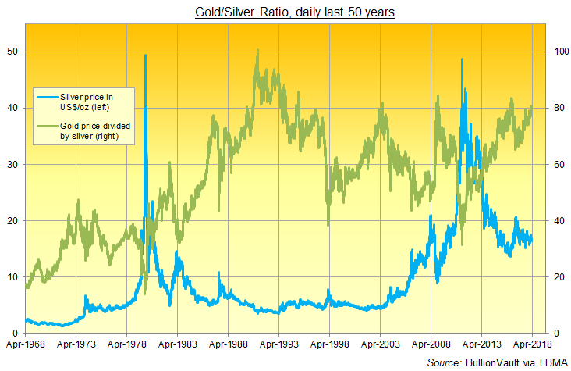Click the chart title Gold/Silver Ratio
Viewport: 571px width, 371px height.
pyautogui.click(x=285, y=12)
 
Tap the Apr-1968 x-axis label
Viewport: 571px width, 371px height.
pyautogui.click(x=26, y=342)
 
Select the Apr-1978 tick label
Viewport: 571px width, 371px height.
pyautogui.click(x=127, y=342)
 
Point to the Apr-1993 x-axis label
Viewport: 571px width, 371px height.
pyautogui.click(x=278, y=342)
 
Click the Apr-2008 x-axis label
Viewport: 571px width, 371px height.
pyautogui.click(x=431, y=342)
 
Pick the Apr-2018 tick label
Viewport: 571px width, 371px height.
pyautogui.click(x=531, y=342)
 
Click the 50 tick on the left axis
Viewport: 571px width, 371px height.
pyautogui.click(x=13, y=52)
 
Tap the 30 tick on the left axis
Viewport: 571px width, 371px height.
pyautogui.click(x=13, y=164)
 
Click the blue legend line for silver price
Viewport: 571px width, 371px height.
pyautogui.click(x=48, y=96)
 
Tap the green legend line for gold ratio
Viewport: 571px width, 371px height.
pyautogui.click(x=48, y=126)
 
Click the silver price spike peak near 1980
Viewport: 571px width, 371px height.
pyautogui.click(x=145, y=55)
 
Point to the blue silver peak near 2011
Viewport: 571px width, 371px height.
pyautogui.click(x=463, y=60)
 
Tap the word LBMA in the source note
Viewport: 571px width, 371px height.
pyautogui.click(x=550, y=362)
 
